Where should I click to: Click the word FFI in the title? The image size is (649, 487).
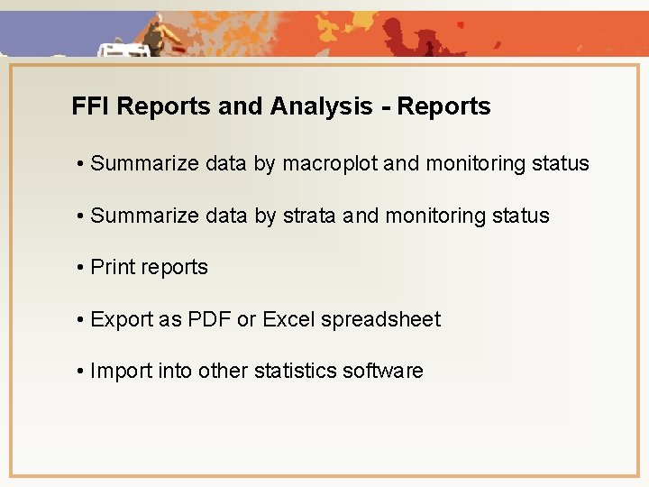(x=91, y=106)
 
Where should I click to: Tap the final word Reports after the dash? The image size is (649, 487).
(x=444, y=106)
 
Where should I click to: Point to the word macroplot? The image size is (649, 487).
(x=330, y=164)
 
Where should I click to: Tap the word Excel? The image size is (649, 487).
(x=288, y=319)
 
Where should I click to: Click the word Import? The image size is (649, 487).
(x=122, y=372)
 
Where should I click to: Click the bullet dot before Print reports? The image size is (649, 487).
(x=81, y=268)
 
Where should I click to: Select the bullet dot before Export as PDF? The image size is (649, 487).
(x=81, y=319)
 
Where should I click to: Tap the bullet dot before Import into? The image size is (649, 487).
(x=81, y=372)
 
